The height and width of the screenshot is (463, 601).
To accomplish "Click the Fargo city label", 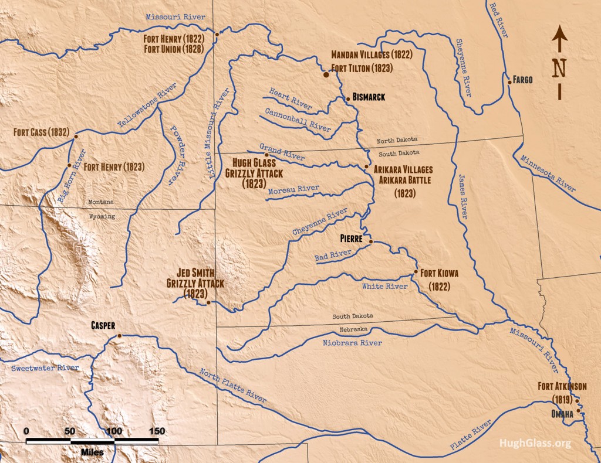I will pyautogui.click(x=522, y=80).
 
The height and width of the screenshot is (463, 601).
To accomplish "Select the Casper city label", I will pyautogui.click(x=103, y=325).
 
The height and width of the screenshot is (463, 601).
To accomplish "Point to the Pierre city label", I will pyautogui.click(x=353, y=239).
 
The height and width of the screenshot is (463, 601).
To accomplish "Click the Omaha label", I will pyautogui.click(x=562, y=414).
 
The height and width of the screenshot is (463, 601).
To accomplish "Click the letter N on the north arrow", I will pyautogui.click(x=559, y=68).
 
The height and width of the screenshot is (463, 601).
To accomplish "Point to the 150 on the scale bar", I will pyautogui.click(x=157, y=431).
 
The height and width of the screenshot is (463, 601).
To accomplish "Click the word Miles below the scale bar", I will pyautogui.click(x=93, y=452).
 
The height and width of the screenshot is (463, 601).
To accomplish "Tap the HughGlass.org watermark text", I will pyautogui.click(x=535, y=444).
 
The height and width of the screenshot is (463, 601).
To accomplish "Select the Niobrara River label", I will pyautogui.click(x=352, y=342).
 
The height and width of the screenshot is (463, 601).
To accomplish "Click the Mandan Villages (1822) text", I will pyautogui.click(x=372, y=55).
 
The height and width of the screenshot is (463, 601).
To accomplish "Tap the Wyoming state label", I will pyautogui.click(x=102, y=216).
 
